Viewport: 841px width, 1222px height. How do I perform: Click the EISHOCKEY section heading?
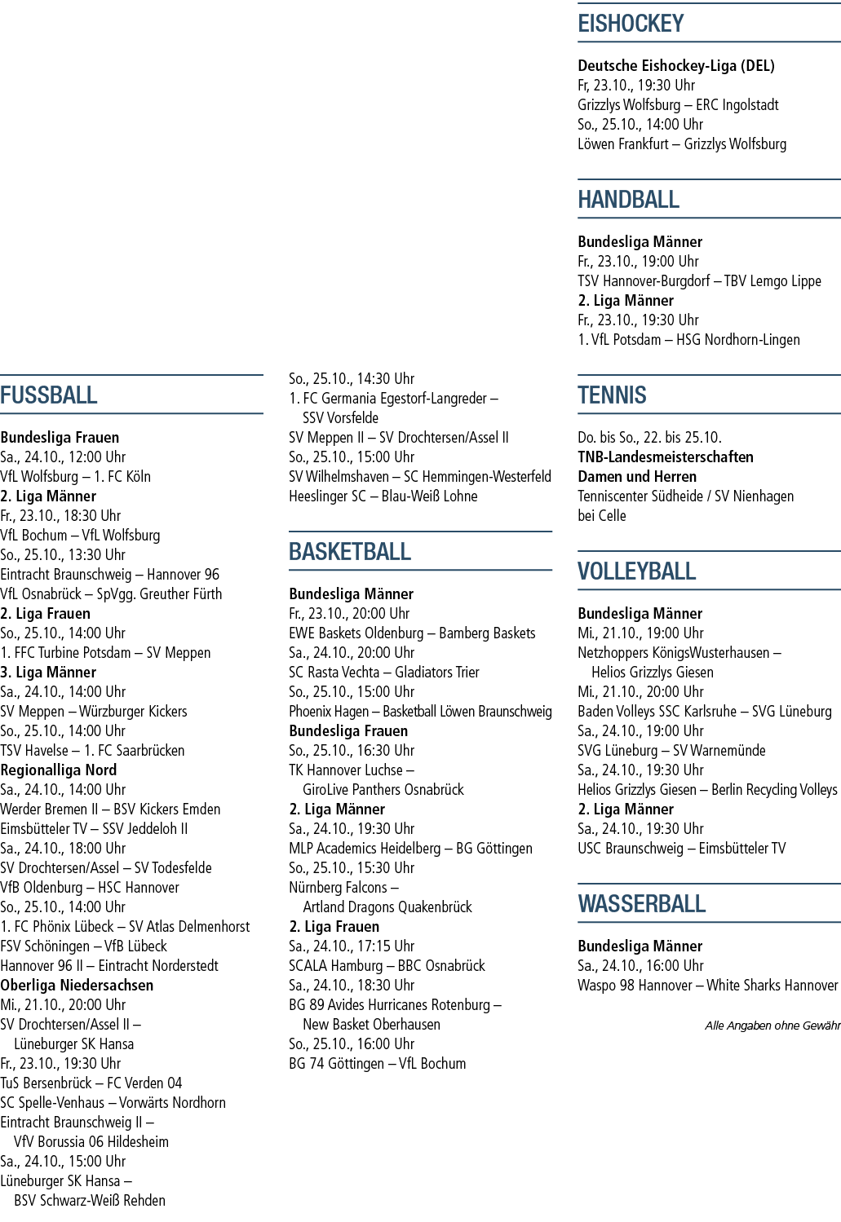631,24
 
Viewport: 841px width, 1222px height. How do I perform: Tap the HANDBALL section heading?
628,200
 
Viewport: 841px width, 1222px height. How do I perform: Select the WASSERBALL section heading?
642,904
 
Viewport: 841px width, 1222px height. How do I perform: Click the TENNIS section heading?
612,395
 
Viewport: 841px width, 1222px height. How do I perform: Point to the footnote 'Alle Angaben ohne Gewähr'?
772,1026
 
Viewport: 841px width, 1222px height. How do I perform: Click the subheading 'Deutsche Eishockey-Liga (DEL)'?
676,66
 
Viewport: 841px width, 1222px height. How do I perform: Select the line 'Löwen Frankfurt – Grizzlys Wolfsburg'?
682,144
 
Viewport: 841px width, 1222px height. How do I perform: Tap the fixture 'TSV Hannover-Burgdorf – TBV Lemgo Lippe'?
700,281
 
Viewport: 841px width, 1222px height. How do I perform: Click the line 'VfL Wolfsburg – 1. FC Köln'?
75,477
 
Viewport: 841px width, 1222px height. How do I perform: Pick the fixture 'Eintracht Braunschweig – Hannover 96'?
109,575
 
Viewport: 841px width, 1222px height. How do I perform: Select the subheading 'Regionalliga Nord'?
59,770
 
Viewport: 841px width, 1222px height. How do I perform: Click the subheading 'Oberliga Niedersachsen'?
77,986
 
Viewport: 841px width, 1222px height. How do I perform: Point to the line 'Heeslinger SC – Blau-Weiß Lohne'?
383,496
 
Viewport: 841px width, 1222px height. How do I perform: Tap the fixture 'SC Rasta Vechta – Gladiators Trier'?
384,672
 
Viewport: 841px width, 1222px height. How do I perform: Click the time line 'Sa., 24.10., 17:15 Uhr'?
352,946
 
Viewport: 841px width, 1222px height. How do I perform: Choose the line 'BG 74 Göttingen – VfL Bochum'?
378,1063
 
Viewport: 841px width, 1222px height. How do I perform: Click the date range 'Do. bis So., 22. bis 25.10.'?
649,438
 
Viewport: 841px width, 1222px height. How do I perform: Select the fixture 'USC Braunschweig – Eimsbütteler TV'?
682,849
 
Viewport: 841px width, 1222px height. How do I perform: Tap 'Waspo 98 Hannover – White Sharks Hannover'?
708,986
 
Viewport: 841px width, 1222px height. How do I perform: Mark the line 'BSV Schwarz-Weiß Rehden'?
90,1200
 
